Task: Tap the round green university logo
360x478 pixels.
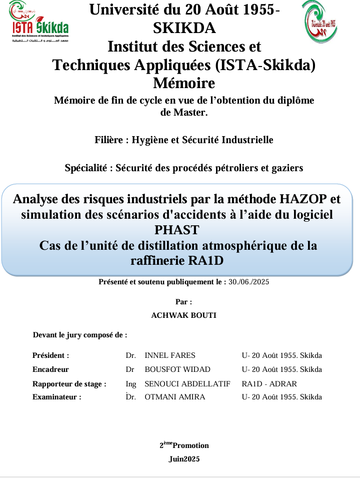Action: tap(320, 21)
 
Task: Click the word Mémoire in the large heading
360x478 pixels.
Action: tap(183, 82)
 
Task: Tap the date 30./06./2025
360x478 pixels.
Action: tap(249, 282)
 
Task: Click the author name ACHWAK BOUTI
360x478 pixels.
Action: tap(183, 315)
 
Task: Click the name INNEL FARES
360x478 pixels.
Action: tap(170, 355)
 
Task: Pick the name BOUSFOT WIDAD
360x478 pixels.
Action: tap(177, 369)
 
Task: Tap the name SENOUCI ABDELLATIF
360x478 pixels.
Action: tap(187, 384)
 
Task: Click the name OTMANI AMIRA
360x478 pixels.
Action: tap(174, 397)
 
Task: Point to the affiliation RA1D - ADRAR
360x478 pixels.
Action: tap(269, 384)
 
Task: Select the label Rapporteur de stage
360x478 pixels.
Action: tap(69, 384)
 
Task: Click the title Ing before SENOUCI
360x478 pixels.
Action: tap(131, 384)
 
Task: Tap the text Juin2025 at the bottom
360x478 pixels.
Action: tap(183, 458)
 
